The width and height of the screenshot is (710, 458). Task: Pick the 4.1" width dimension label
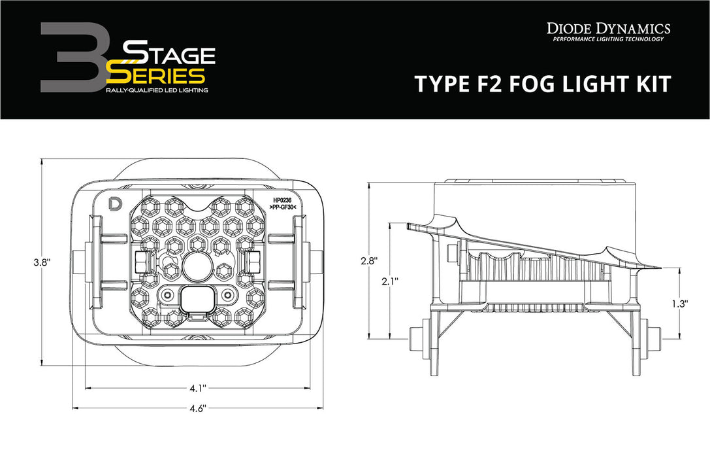(195, 388)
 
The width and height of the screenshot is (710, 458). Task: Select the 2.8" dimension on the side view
(370, 260)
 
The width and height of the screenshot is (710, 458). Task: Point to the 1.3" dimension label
(680, 303)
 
